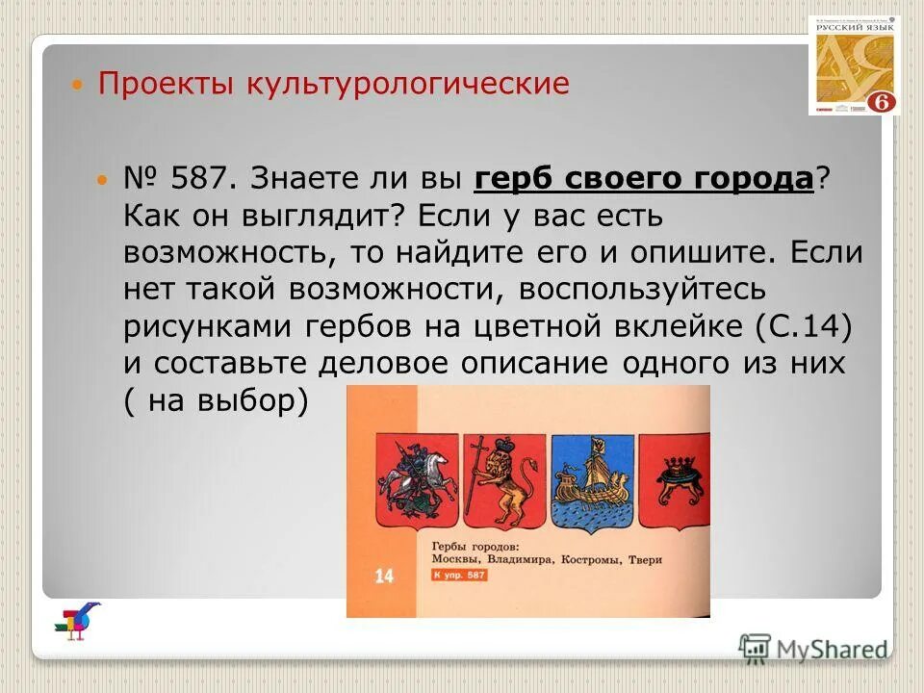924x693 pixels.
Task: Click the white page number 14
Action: click(x=384, y=577)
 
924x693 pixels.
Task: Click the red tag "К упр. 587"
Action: click(x=459, y=576)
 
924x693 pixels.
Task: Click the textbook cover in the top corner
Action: click(x=854, y=64)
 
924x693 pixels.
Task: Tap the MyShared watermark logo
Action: click(x=814, y=650)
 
